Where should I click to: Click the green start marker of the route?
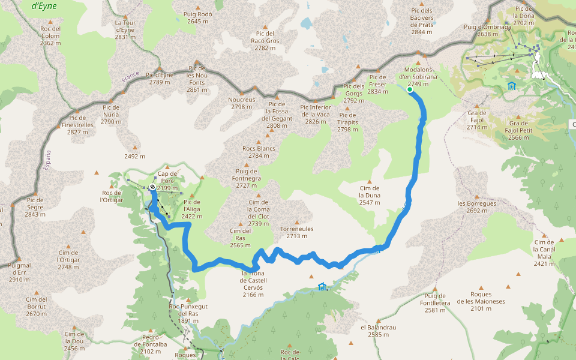[410, 90]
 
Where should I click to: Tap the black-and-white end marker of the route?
[152, 187]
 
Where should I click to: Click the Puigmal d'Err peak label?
[20, 272]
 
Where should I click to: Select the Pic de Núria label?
[111, 115]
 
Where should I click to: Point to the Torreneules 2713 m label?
[297, 232]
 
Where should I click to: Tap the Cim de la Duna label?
[369, 195]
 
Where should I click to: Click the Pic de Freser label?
[377, 84]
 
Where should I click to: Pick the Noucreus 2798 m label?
[242, 103]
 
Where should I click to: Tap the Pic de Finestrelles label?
[78, 125]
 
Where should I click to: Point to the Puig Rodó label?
[198, 17]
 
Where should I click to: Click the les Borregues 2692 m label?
[477, 207]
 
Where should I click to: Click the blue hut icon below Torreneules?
[322, 286]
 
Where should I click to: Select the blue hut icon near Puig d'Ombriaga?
[511, 86]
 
